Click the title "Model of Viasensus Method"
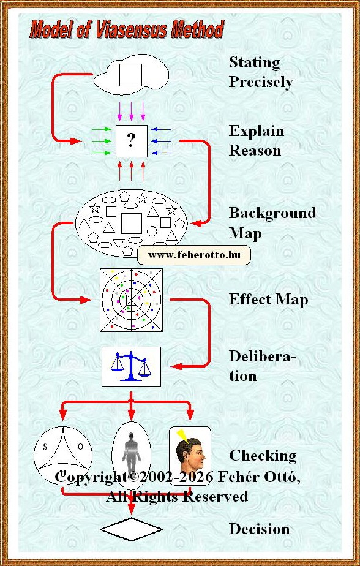click(x=127, y=29)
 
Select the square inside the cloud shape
click(x=130, y=75)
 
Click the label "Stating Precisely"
click(x=260, y=72)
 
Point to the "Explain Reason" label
click(x=257, y=140)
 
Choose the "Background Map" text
click(x=272, y=223)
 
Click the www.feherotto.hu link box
click(x=194, y=255)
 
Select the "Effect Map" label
click(x=268, y=300)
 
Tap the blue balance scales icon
click(x=131, y=366)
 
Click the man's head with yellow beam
click(x=190, y=455)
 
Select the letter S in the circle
click(x=45, y=447)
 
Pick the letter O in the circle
click(x=80, y=447)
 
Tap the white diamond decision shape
click(x=131, y=529)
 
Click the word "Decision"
click(x=260, y=529)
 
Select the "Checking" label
click(x=263, y=456)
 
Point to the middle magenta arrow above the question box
click(x=131, y=111)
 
